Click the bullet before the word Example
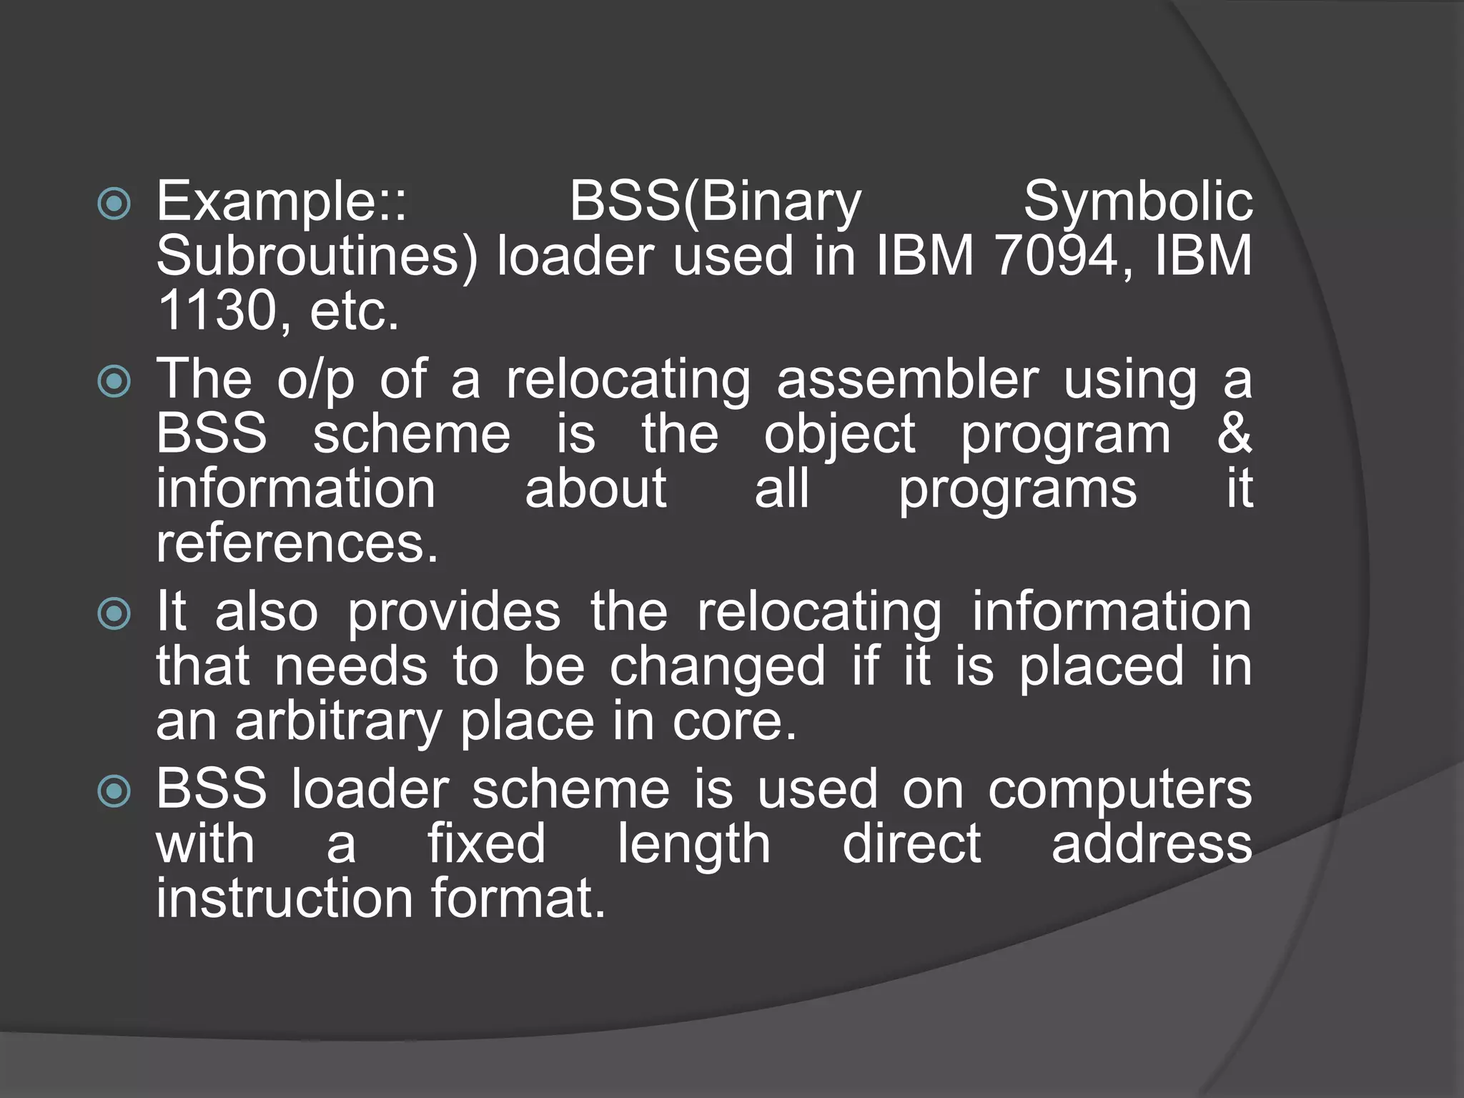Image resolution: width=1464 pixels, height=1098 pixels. click(114, 204)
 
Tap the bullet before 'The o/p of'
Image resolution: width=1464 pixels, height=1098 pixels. click(114, 381)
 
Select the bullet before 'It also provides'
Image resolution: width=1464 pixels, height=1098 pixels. click(114, 613)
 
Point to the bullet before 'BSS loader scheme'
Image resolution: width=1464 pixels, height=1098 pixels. click(114, 791)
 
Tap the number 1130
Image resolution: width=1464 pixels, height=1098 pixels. click(216, 311)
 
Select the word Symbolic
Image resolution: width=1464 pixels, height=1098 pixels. click(1137, 202)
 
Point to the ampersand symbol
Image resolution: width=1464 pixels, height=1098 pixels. click(1235, 433)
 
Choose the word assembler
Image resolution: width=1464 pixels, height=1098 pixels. click(906, 380)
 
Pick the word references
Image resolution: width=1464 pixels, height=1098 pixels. click(297, 545)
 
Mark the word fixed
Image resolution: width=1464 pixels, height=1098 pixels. click(486, 844)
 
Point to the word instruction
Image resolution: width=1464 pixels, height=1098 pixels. click(285, 899)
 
